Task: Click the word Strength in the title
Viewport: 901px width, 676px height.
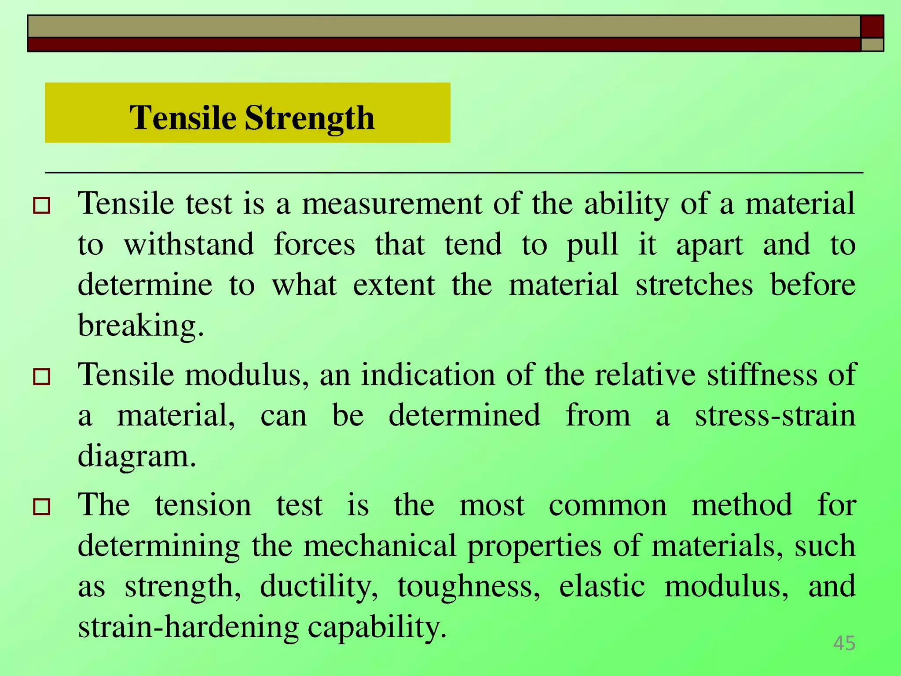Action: pyautogui.click(x=309, y=118)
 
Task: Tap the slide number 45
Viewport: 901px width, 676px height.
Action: pyautogui.click(x=844, y=643)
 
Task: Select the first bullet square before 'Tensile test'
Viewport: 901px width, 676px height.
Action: pyautogui.click(x=42, y=206)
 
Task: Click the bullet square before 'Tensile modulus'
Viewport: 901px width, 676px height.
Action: pyautogui.click(x=42, y=377)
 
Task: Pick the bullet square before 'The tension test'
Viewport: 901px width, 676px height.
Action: pyautogui.click(x=42, y=507)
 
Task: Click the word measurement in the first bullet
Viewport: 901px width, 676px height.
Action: pyautogui.click(x=392, y=203)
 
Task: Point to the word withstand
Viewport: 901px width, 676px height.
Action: pyautogui.click(x=189, y=244)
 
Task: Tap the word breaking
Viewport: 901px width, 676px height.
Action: pyautogui.click(x=140, y=326)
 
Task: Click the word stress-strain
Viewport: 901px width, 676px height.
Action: pyautogui.click(x=775, y=415)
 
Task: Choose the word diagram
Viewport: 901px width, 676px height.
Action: pyautogui.click(x=136, y=456)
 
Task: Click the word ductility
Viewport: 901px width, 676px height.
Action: pyautogui.click(x=319, y=586)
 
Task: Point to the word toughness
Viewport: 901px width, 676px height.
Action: pyautogui.click(x=469, y=586)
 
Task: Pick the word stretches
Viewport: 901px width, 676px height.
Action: pyautogui.click(x=694, y=285)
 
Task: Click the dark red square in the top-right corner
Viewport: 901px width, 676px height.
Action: pyautogui.click(x=872, y=26)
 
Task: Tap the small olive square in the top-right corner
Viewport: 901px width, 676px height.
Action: pyautogui.click(x=872, y=44)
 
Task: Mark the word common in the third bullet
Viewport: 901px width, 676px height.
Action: pyautogui.click(x=608, y=505)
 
